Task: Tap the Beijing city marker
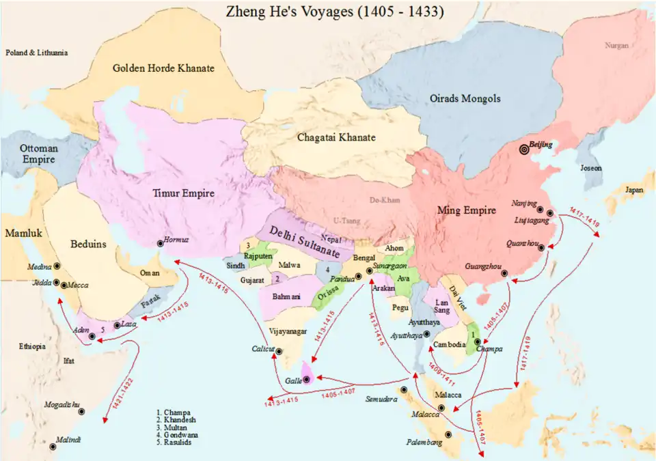pos(524,150)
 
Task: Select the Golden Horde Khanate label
pos(164,68)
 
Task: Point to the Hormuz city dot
pos(160,242)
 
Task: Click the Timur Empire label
pos(182,194)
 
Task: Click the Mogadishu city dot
pos(82,412)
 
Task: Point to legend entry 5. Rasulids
pos(176,443)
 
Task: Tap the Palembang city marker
pos(448,434)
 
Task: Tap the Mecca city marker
pos(64,285)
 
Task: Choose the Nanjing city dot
pos(540,210)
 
